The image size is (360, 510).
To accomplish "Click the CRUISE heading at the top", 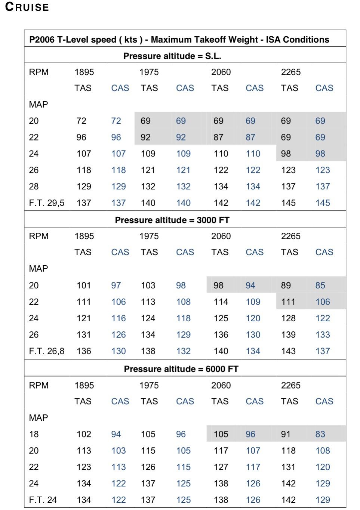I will click(27, 7).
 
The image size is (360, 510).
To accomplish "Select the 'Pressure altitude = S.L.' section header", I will click(172, 56).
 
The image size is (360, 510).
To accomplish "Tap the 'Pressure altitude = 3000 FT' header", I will click(172, 220).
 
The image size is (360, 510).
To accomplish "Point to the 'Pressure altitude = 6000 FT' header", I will click(181, 369).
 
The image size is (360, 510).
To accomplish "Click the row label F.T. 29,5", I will click(46, 203).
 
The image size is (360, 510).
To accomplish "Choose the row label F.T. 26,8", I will click(46, 351).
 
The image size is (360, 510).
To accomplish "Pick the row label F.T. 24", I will click(43, 500).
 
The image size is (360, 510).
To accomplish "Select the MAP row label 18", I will click(34, 434).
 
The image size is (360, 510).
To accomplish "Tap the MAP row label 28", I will click(34, 186).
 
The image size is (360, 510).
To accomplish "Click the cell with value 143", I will click(288, 351).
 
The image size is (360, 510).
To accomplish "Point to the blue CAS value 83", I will click(320, 434).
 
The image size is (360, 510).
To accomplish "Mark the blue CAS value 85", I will click(320, 285).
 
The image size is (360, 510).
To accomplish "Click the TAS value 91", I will click(286, 434).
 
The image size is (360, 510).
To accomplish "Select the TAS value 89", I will click(286, 285).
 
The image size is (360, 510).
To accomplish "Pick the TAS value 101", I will click(84, 285).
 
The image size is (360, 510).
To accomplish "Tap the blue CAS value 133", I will click(323, 335).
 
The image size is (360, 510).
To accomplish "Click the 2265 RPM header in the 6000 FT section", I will click(291, 385).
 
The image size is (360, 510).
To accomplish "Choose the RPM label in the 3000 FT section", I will click(39, 236).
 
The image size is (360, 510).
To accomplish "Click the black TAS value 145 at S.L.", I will click(288, 203).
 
